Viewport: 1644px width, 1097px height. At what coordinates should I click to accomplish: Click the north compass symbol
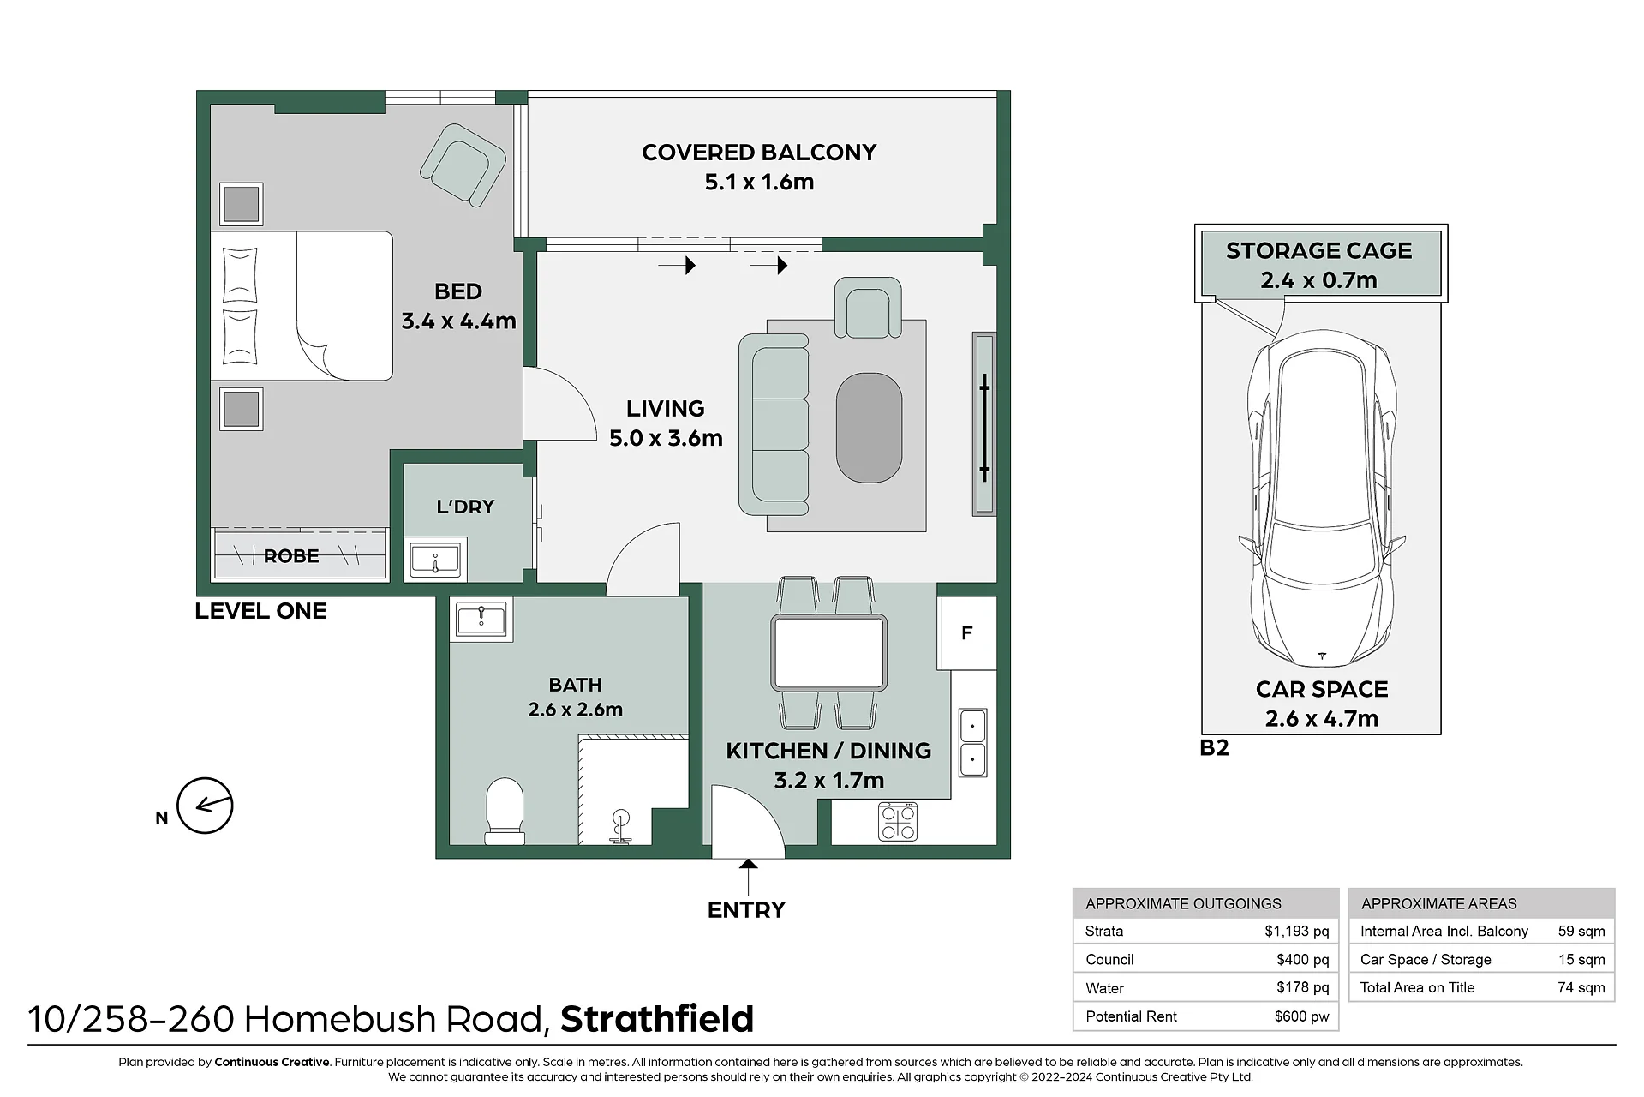point(205,806)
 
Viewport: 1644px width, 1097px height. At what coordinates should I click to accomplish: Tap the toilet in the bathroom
point(505,811)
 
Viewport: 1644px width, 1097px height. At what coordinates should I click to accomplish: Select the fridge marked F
point(967,632)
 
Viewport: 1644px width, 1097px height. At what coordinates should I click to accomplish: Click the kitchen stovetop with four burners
point(898,821)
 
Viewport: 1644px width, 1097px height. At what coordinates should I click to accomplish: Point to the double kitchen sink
point(972,742)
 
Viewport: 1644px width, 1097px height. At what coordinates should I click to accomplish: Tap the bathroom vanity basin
point(481,618)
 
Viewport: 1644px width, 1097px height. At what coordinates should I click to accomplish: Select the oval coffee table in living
point(869,428)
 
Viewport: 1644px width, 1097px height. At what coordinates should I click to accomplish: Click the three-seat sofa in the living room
point(774,424)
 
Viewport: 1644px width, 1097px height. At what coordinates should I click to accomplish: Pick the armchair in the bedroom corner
point(463,165)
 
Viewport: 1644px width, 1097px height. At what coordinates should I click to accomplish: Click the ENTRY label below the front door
point(746,909)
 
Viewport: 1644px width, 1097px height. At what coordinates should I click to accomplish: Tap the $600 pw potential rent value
point(1301,1016)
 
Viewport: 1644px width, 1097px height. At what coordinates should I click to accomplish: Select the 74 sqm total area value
point(1581,987)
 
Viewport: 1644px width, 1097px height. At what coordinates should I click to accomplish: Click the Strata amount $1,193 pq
point(1296,931)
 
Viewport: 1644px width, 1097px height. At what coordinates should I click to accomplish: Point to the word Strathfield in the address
point(657,1019)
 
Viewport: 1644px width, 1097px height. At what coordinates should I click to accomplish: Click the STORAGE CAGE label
point(1318,250)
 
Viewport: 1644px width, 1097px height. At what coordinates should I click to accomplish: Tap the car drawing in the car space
point(1322,497)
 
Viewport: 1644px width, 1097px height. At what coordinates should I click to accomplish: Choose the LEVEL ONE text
point(260,611)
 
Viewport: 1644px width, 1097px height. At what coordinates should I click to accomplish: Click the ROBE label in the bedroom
point(291,556)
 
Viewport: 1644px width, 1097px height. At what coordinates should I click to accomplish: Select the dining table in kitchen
point(828,652)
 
